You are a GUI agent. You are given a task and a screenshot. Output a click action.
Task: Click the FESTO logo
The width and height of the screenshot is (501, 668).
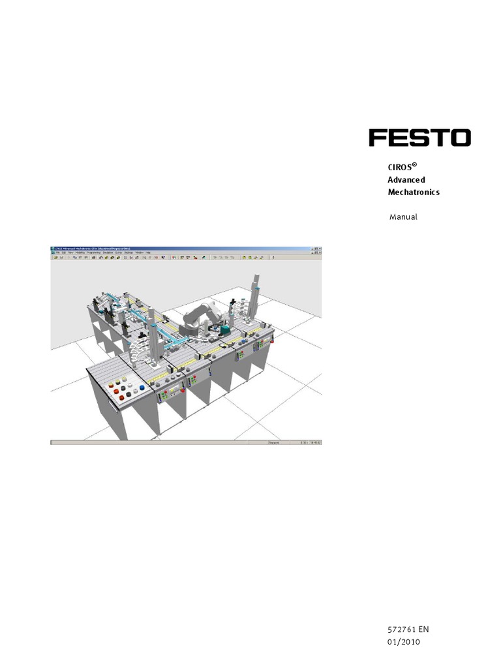pyautogui.click(x=419, y=138)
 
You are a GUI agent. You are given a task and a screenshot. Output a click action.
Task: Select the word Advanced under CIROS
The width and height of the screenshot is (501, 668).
pyautogui.click(x=406, y=179)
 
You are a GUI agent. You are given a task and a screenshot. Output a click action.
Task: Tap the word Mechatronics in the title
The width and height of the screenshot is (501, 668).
pyautogui.click(x=414, y=192)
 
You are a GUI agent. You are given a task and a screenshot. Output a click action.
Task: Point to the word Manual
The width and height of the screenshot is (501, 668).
pyautogui.click(x=403, y=217)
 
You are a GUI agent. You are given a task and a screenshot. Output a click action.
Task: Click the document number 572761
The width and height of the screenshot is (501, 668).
pyautogui.click(x=401, y=630)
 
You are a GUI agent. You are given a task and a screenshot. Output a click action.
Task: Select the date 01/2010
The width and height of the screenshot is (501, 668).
pyautogui.click(x=404, y=642)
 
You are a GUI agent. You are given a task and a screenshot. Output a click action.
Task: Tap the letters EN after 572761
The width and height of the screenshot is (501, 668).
pyautogui.click(x=424, y=630)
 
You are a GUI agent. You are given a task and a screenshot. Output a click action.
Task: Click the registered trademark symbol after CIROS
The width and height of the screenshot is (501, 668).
pyautogui.click(x=414, y=164)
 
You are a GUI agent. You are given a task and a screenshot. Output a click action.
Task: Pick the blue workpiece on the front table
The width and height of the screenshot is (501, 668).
pyautogui.click(x=142, y=387)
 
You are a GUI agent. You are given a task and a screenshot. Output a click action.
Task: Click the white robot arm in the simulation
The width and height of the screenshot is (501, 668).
pyautogui.click(x=199, y=316)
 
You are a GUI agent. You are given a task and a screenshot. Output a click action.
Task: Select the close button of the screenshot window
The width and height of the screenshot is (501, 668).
pyautogui.click(x=320, y=249)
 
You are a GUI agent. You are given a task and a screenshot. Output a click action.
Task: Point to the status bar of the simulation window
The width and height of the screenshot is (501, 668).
pyautogui.click(x=186, y=443)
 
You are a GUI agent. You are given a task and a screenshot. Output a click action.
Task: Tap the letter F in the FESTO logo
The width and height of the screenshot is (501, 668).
pyautogui.click(x=378, y=138)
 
